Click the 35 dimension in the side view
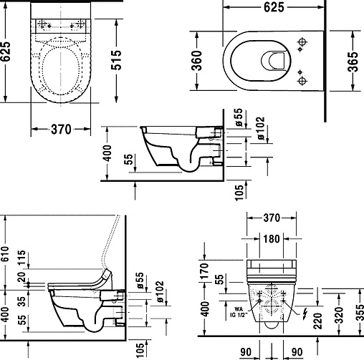pos(23,301)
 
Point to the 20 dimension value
pos(23,278)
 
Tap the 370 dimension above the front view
pos(270,217)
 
